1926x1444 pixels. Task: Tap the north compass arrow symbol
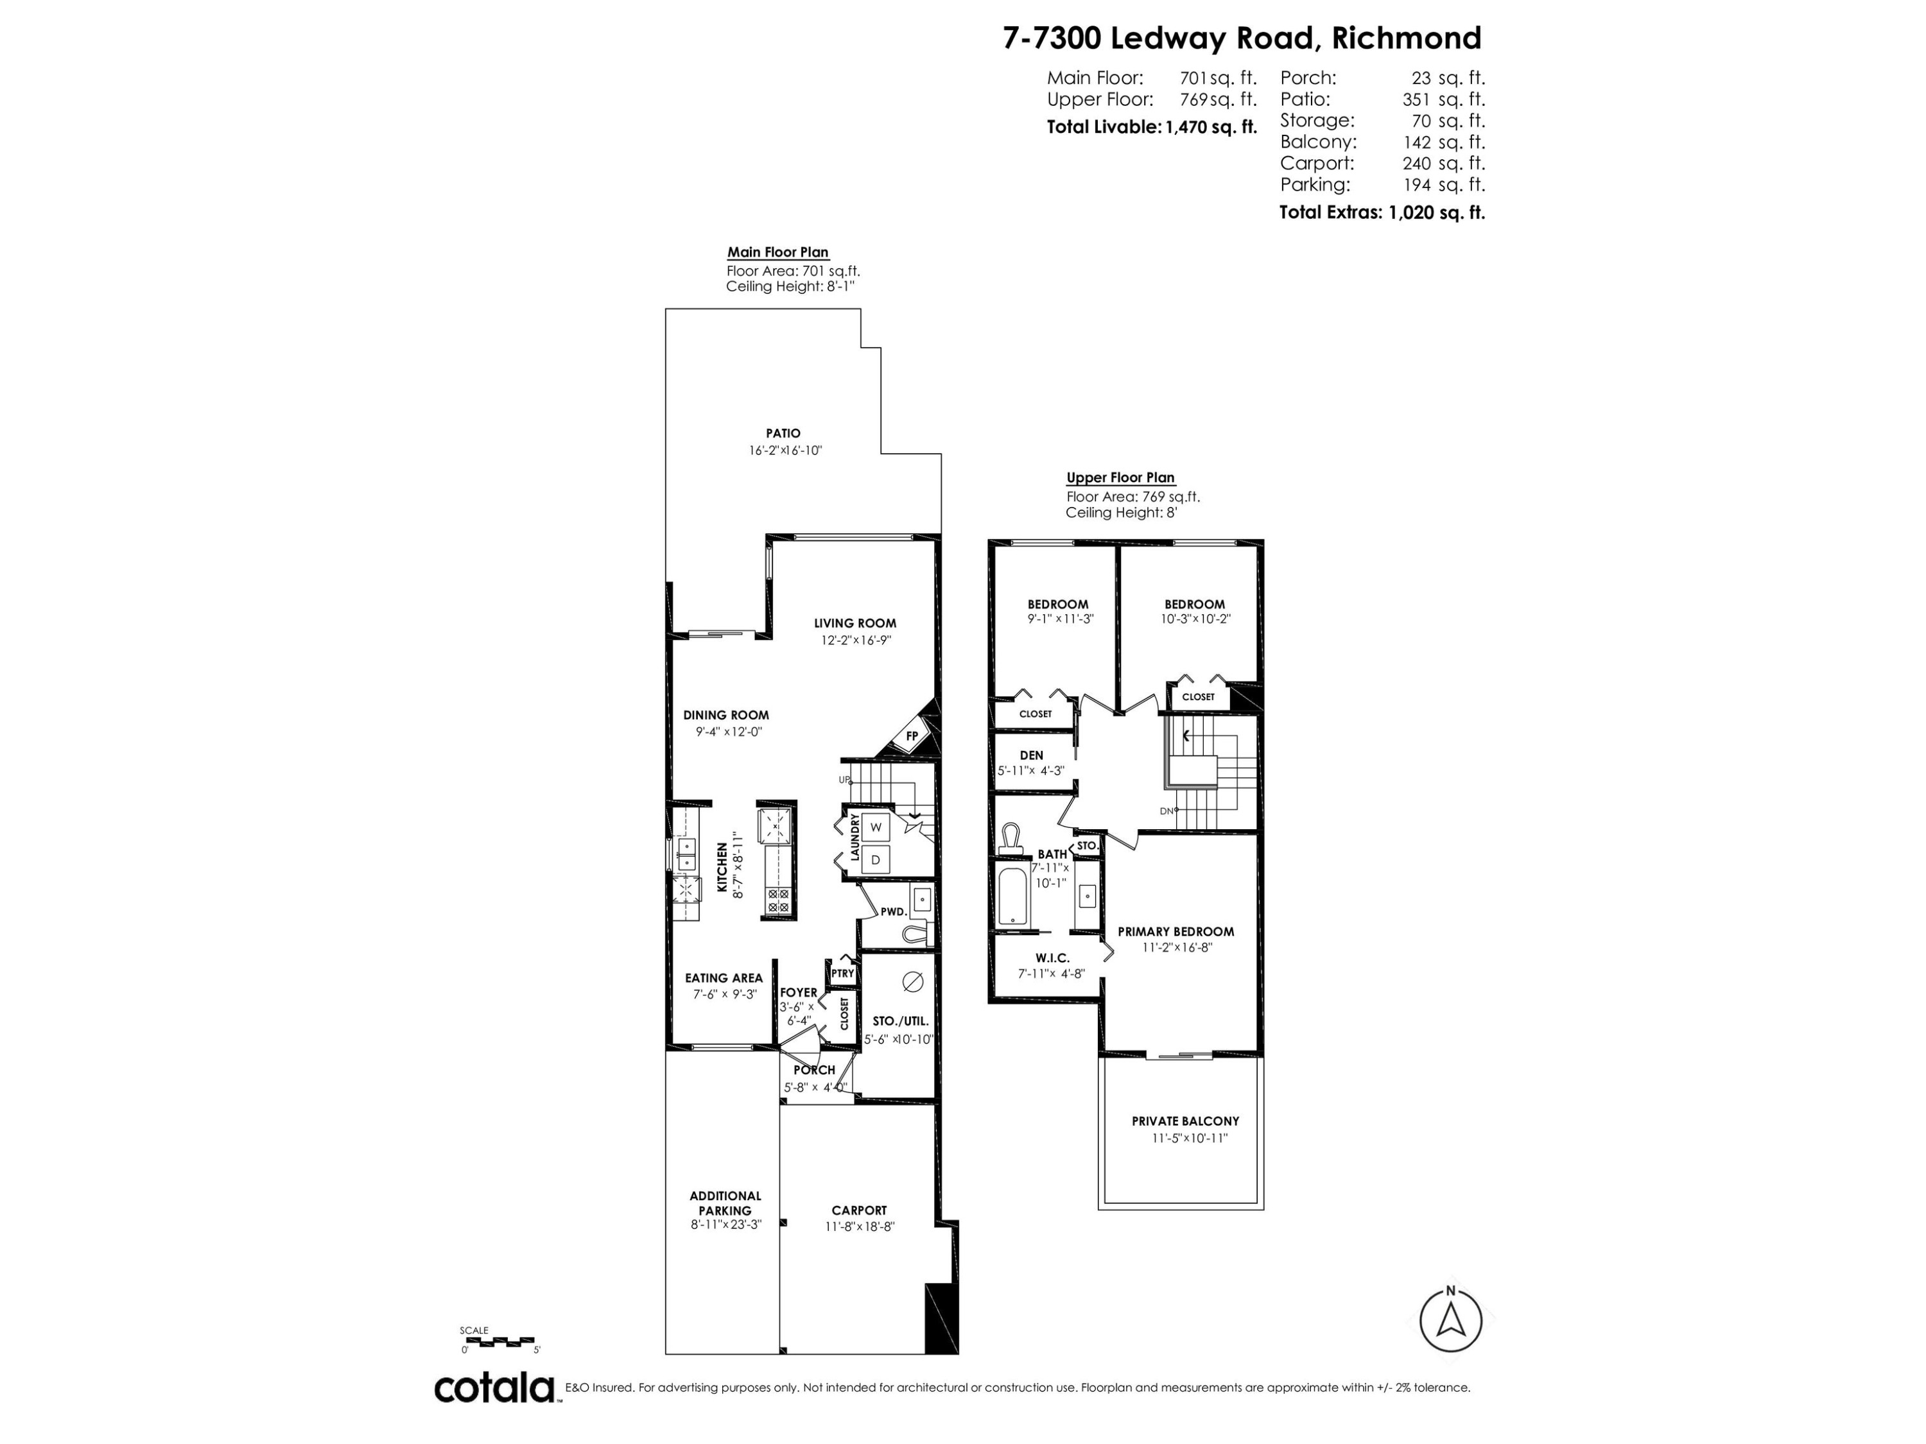click(x=1450, y=1321)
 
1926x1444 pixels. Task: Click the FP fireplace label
click(x=912, y=735)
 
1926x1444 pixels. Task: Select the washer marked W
click(x=876, y=827)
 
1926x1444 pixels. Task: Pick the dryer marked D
click(x=876, y=860)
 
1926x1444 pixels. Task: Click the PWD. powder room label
click(x=894, y=912)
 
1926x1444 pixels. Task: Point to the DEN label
click(x=1031, y=755)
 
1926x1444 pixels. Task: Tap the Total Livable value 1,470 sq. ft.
click(x=1211, y=127)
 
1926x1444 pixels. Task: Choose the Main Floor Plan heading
click(x=777, y=252)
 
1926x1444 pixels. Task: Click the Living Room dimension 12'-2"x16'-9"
click(x=855, y=640)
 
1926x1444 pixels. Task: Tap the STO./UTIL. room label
click(x=900, y=1021)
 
